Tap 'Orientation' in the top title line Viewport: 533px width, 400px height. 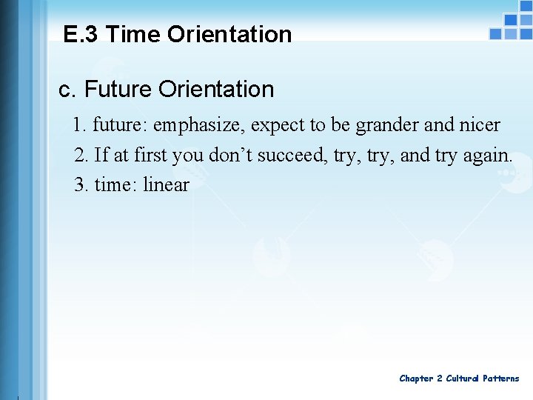[229, 34]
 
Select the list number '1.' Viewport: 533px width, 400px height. [81, 125]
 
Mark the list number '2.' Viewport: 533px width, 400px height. [81, 155]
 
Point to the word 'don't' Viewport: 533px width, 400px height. [230, 155]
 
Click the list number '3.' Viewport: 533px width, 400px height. [81, 184]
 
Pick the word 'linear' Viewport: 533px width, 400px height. [166, 184]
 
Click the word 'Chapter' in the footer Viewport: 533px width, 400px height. [416, 379]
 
